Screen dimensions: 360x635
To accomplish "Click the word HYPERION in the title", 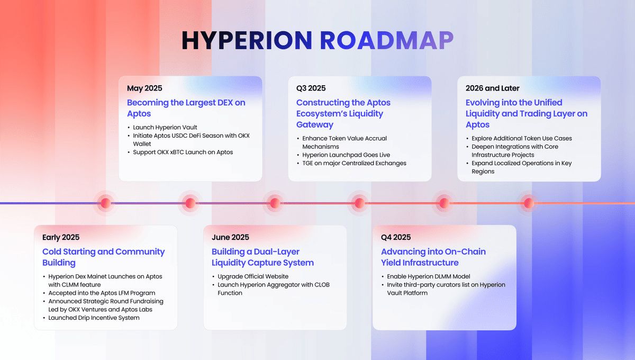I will pyautogui.click(x=247, y=41).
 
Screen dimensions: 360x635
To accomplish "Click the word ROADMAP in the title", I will pyautogui.click(x=387, y=41).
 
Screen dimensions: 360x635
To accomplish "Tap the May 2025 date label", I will pyautogui.click(x=144, y=88).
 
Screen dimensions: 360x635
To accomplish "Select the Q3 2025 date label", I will pyautogui.click(x=311, y=88).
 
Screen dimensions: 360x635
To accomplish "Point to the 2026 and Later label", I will pyautogui.click(x=493, y=88).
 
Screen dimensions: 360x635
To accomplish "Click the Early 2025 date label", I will pyautogui.click(x=61, y=238).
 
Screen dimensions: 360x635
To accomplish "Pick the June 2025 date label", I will pyautogui.click(x=230, y=238).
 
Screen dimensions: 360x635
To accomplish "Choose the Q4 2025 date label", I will pyautogui.click(x=396, y=238).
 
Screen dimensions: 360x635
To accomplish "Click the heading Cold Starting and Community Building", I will pyautogui.click(x=103, y=257).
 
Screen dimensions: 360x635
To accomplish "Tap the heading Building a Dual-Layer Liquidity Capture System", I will pyautogui.click(x=262, y=257).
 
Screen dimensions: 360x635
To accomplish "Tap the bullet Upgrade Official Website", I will pyautogui.click(x=253, y=277).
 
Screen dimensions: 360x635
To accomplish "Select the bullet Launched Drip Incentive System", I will pyautogui.click(x=94, y=318).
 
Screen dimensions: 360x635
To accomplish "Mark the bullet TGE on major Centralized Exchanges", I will pyautogui.click(x=354, y=164).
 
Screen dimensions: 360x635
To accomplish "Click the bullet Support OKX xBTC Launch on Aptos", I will pyautogui.click(x=183, y=152).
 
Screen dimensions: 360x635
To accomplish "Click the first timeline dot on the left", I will pyautogui.click(x=105, y=203).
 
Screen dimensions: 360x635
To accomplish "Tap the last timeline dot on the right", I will pyautogui.click(x=528, y=203).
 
